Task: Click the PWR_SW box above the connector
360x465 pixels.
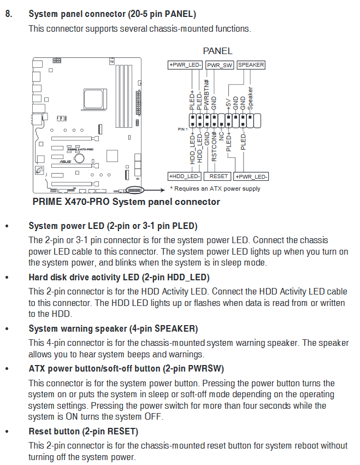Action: [220, 65]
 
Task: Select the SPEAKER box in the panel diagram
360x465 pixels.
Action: [251, 65]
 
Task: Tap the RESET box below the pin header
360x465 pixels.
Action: [218, 176]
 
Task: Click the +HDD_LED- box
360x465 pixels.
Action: [185, 176]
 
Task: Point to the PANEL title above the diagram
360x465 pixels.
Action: [217, 51]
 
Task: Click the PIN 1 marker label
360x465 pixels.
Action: [182, 130]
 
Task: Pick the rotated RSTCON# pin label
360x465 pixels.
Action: [214, 146]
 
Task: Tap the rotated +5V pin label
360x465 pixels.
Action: [228, 104]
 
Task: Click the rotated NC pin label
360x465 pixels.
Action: [221, 136]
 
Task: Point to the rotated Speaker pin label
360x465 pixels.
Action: [250, 98]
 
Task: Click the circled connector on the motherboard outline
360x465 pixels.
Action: [135, 190]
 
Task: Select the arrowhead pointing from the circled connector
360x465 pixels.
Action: [163, 190]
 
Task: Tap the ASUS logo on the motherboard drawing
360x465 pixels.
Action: [66, 162]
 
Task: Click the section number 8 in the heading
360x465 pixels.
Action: [9, 14]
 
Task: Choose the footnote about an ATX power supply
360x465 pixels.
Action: [215, 189]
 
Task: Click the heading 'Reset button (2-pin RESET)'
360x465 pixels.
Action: [84, 431]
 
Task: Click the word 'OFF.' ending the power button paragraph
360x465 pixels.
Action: [154, 417]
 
